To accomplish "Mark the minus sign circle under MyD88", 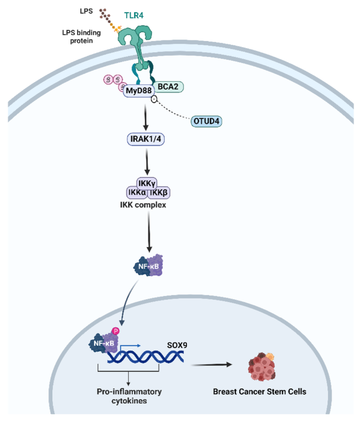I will [x=153, y=101].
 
